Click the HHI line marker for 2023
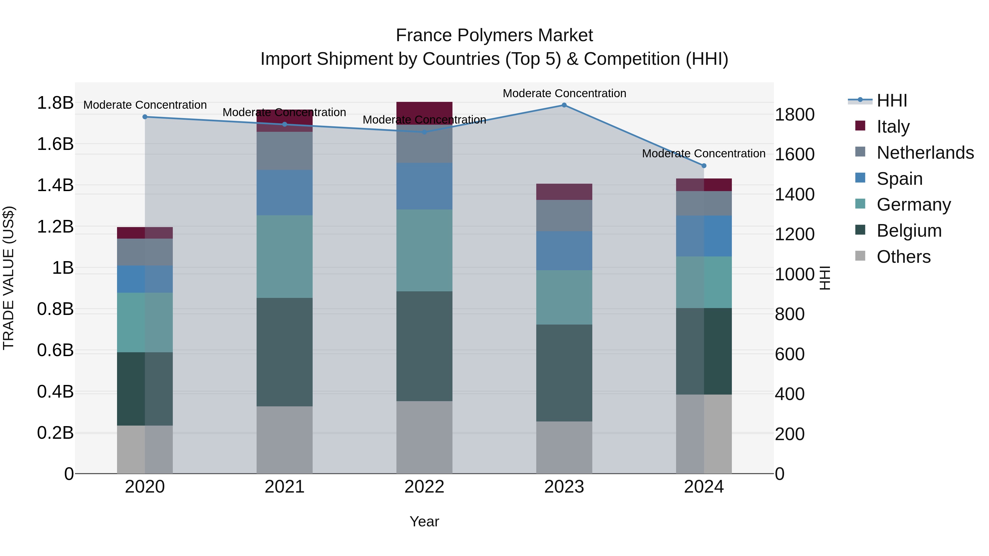click(564, 105)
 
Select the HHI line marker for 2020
click(145, 117)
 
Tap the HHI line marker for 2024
click(704, 166)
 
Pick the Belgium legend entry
click(909, 231)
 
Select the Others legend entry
click(903, 256)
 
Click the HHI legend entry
click(891, 100)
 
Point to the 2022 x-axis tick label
click(424, 487)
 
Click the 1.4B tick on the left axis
click(55, 185)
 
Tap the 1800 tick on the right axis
click(794, 114)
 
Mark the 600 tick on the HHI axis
click(789, 354)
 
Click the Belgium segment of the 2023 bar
click(564, 373)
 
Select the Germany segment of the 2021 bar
click(285, 256)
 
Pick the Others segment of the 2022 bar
click(424, 437)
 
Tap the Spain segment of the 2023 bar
click(564, 251)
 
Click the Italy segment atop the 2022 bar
click(424, 110)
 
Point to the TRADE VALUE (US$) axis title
click(9, 278)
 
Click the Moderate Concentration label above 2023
click(564, 93)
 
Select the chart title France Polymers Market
click(494, 35)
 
